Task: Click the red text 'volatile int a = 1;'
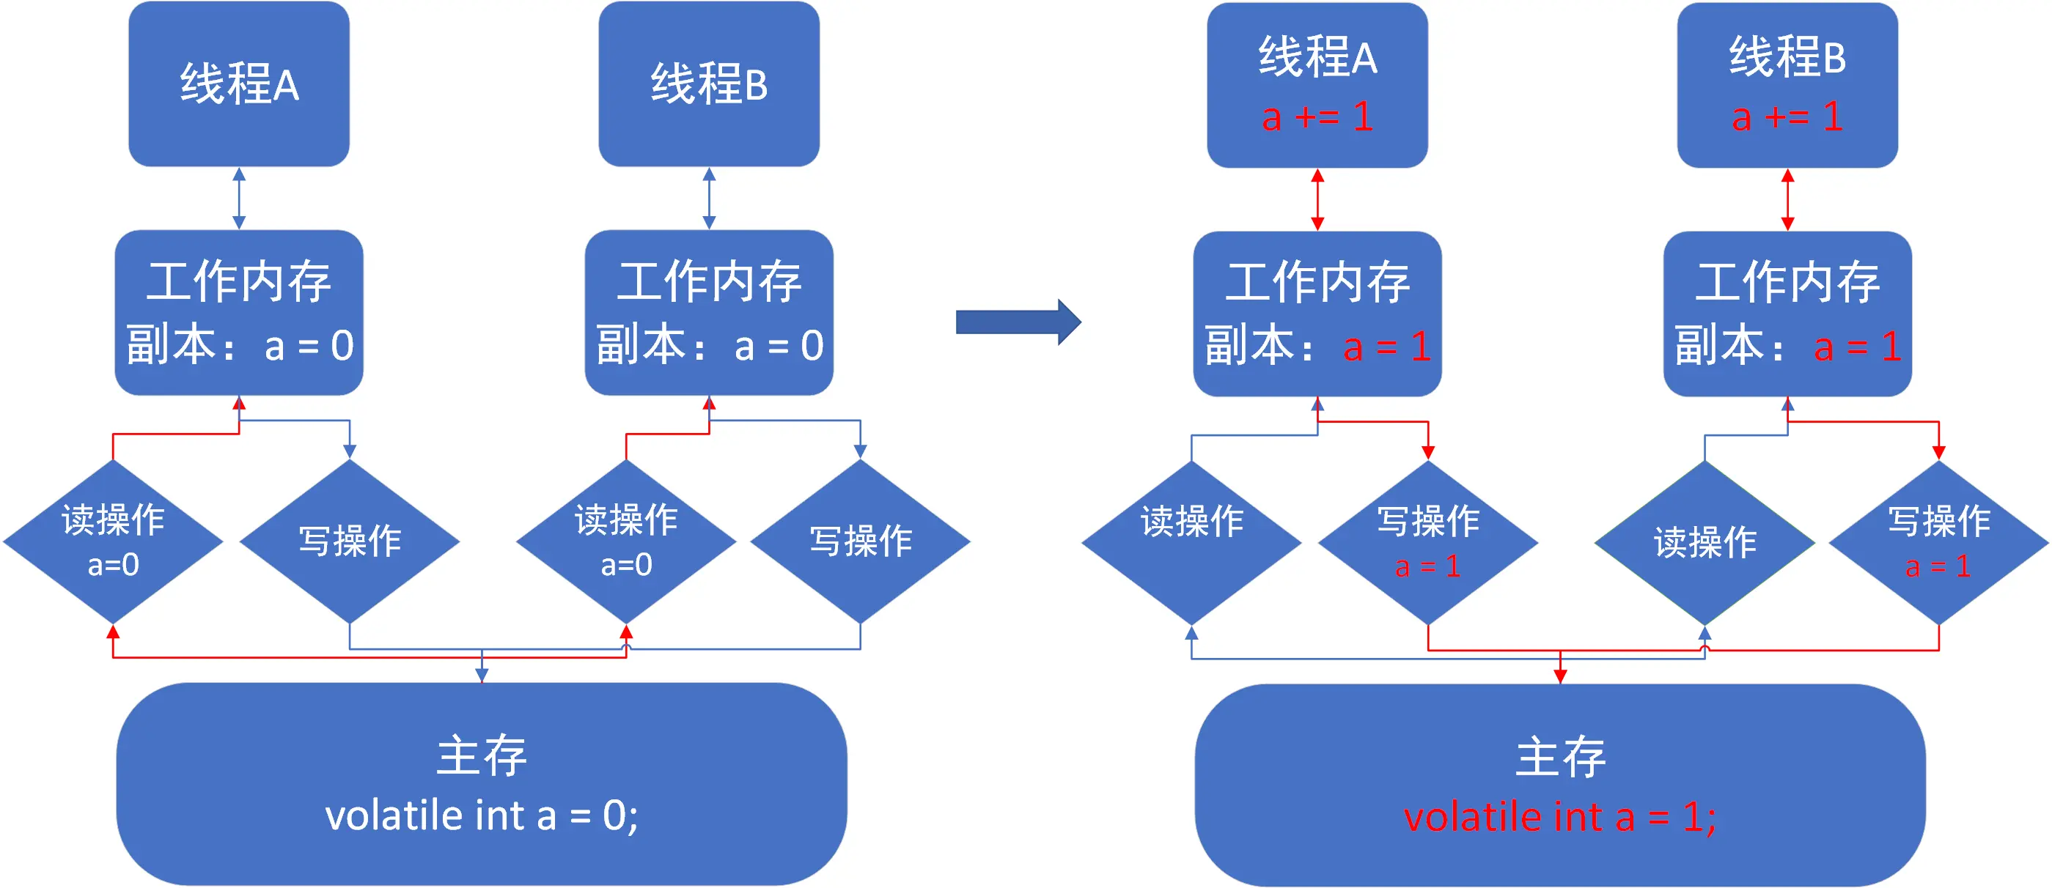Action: click(x=1559, y=817)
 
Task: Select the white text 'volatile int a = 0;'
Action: click(x=481, y=815)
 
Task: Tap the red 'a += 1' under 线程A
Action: click(x=1317, y=117)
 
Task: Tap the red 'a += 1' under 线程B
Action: click(x=1787, y=117)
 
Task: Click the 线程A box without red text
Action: click(x=239, y=84)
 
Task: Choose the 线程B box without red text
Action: click(x=709, y=84)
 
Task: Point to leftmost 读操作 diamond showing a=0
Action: click(x=113, y=541)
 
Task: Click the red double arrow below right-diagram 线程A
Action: click(x=1317, y=199)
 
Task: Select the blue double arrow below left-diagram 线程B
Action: click(x=709, y=198)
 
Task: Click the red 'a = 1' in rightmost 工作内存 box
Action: click(x=1858, y=347)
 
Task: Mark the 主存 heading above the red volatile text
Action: click(x=1559, y=757)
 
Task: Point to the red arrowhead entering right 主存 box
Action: click(x=1560, y=676)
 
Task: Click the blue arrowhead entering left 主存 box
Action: click(x=481, y=676)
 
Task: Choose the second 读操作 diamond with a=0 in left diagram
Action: click(x=626, y=541)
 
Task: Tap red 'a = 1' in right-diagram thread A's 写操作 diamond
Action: click(x=1427, y=566)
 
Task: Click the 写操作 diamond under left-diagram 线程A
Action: click(x=350, y=541)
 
